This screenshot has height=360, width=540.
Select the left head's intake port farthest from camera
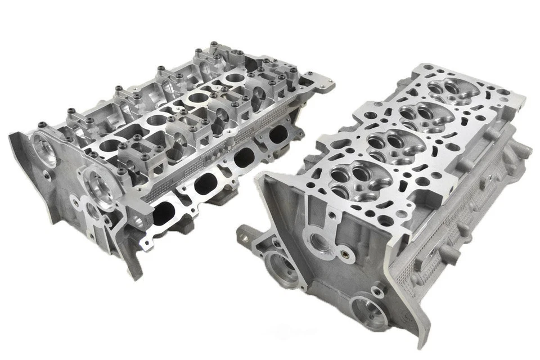(278, 134)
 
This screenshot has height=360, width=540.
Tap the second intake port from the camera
(206, 183)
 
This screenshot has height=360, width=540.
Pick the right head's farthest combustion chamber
(450, 90)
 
